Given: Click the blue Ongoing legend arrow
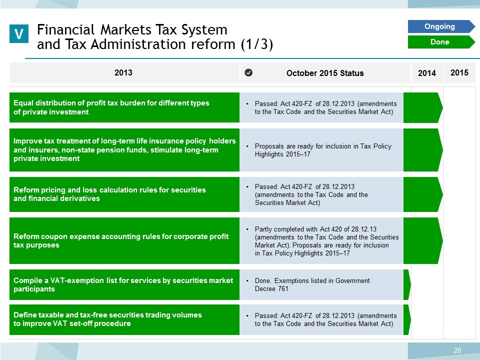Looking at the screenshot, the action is click(441, 26).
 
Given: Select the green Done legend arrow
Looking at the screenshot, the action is click(441, 42).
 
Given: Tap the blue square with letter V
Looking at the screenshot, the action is click(19, 33).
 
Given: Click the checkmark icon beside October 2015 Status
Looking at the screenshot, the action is click(248, 73).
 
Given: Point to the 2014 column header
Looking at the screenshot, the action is click(426, 73).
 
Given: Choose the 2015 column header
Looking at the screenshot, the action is click(459, 72).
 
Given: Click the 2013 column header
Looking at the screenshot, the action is click(123, 72).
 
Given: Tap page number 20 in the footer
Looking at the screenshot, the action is click(457, 350).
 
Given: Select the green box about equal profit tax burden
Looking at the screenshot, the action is click(124, 107).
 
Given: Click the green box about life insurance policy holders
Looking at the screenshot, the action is click(124, 149).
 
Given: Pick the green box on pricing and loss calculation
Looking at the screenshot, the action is click(124, 194).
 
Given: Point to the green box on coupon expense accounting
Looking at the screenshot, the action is click(124, 240).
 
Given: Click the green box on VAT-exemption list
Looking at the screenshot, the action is click(124, 284).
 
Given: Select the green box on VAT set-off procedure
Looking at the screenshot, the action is click(124, 319).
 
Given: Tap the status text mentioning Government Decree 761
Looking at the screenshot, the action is click(312, 284).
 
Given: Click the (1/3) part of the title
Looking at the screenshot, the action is click(256, 44).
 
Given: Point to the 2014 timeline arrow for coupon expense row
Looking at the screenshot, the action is click(423, 240).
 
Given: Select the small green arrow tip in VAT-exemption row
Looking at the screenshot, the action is click(407, 284).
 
